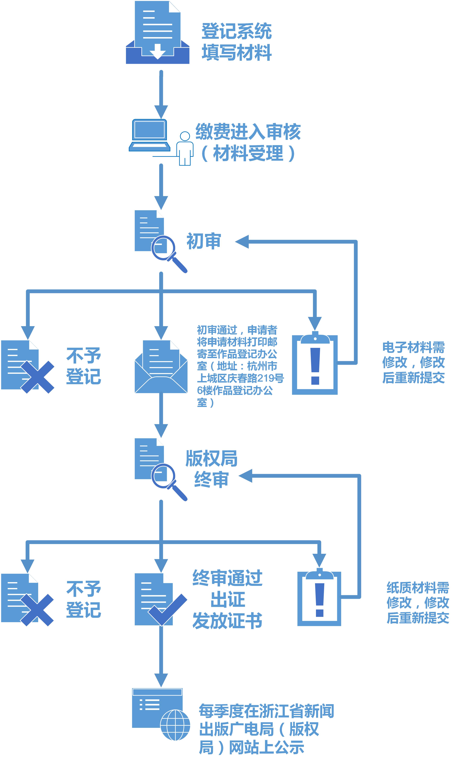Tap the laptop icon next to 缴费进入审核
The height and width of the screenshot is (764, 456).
149,135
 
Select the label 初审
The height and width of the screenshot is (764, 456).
204,241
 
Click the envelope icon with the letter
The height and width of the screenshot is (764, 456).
161,367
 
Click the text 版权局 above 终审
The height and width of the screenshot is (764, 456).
211,459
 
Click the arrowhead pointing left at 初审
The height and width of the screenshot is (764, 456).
242,242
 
